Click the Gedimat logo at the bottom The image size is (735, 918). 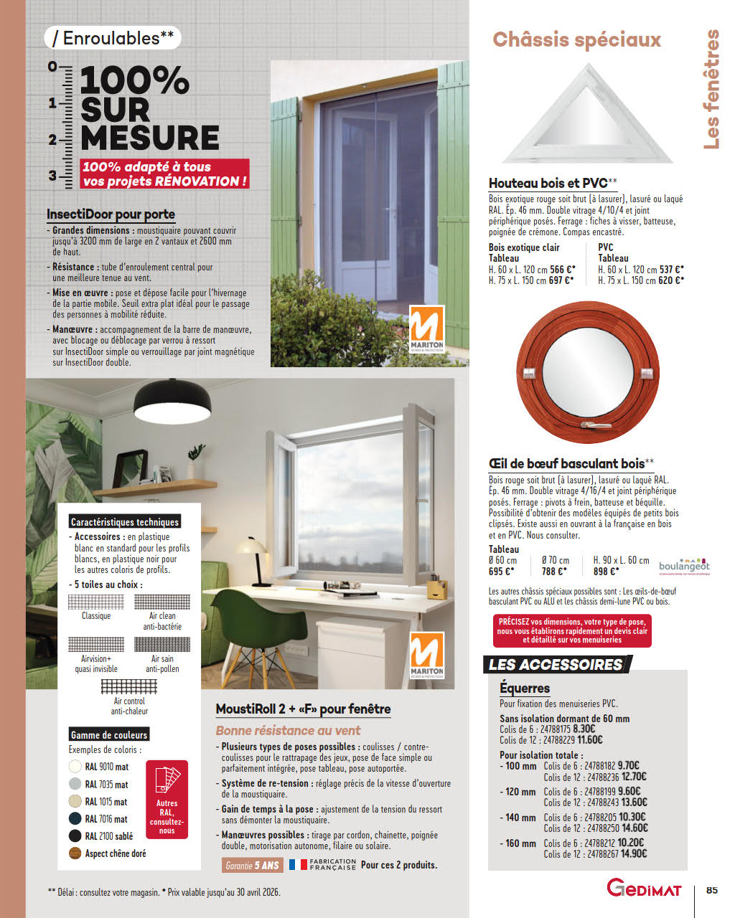644,888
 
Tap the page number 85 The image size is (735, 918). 711,890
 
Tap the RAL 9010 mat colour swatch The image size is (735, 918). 75,767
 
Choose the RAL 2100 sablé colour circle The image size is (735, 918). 75,836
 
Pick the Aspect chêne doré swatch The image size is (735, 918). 75,853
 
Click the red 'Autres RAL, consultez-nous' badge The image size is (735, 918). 167,800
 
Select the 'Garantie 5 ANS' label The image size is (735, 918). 252,866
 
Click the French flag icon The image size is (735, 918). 297,865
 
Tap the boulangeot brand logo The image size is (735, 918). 684,566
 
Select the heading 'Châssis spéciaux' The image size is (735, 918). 576,39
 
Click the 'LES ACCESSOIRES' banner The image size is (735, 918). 556,665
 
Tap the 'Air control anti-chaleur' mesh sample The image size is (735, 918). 129,686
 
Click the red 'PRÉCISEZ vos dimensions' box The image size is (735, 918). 572,630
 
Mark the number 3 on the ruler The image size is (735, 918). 52,175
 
